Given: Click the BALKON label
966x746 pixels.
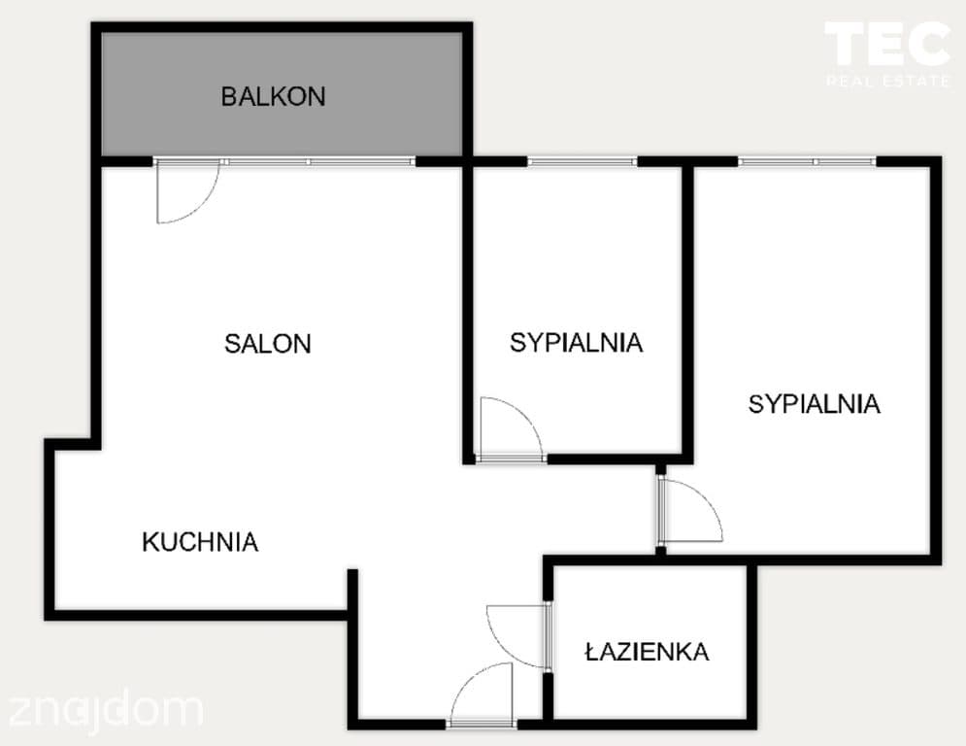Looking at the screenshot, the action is (273, 97).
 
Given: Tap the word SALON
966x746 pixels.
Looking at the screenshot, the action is (267, 344).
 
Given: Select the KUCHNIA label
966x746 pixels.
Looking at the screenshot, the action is (200, 542).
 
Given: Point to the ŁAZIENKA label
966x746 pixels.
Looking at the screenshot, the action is (647, 651).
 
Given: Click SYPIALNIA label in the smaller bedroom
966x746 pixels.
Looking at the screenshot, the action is (576, 343).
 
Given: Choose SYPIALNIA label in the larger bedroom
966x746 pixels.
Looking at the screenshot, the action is (814, 404).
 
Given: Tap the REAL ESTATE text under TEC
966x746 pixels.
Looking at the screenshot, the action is (887, 81).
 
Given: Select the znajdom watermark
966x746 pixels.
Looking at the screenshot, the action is (105, 710).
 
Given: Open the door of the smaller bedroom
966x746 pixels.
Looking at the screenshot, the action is (528, 415).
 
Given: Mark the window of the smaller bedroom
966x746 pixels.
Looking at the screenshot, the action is (583, 161).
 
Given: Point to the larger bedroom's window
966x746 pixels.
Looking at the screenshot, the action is (807, 161).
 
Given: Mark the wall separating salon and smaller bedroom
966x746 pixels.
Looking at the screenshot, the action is (468, 312).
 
